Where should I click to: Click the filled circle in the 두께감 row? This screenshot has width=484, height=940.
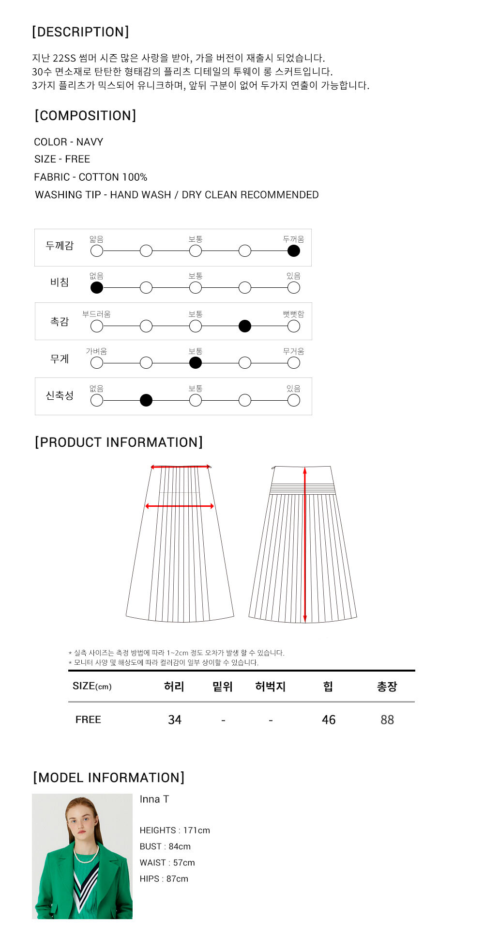click(293, 251)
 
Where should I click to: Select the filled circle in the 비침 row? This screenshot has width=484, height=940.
click(97, 287)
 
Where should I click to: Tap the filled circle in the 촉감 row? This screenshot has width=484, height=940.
click(245, 326)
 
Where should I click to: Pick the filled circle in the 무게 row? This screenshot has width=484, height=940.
click(196, 362)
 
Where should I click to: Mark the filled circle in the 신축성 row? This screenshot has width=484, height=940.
click(146, 400)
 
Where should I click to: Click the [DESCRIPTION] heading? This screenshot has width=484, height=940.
click(80, 32)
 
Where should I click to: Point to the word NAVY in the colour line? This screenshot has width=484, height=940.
click(90, 142)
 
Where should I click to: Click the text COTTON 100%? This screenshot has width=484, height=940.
click(113, 177)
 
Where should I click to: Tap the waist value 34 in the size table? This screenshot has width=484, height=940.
click(175, 720)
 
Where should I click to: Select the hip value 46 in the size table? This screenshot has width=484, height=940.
click(329, 720)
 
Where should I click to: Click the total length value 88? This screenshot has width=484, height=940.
click(387, 720)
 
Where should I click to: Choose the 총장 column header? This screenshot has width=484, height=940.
click(387, 686)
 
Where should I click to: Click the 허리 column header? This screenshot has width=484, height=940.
click(174, 686)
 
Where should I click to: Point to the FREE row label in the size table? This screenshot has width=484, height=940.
click(88, 720)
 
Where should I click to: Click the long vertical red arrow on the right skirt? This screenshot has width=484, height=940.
click(305, 545)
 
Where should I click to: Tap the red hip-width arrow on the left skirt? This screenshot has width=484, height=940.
click(180, 506)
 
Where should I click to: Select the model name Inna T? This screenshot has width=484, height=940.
click(154, 799)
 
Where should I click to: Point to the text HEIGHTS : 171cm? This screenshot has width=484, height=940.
click(175, 830)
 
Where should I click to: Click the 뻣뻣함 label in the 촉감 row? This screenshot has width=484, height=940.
click(293, 314)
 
